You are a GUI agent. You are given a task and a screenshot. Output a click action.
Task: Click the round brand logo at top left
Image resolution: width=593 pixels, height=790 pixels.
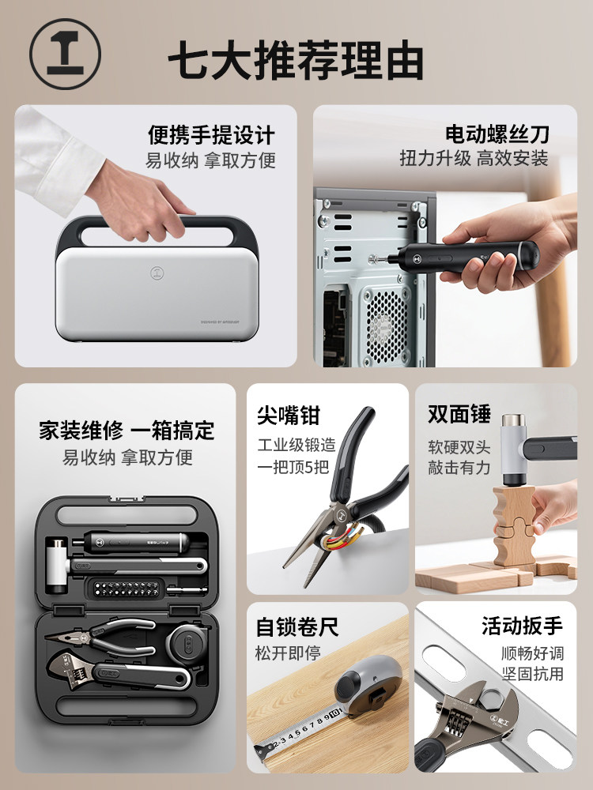coord(66,55)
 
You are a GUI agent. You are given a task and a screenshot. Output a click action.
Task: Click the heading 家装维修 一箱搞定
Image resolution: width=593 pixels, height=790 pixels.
coord(127,431)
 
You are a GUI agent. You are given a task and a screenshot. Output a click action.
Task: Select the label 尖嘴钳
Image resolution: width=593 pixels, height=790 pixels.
coord(289,415)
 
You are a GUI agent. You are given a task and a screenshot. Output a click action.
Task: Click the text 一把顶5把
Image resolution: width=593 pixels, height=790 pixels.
coord(292,466)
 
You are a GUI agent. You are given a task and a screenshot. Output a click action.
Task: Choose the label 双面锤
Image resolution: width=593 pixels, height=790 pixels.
coord(459,414)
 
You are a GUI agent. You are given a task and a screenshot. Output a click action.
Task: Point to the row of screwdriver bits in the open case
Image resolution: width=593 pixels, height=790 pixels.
coord(124,587)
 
